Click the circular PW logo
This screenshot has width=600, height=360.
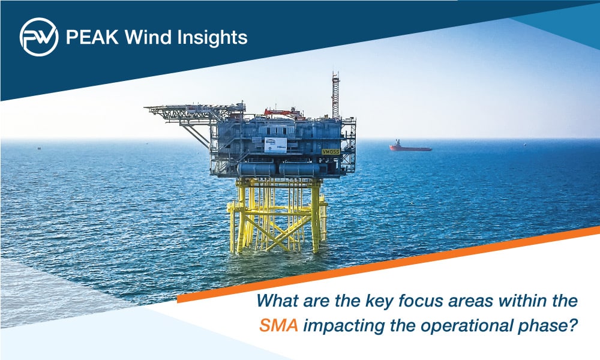[x=39, y=37]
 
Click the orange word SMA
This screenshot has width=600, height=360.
[x=278, y=326]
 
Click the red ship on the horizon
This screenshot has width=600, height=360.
[x=410, y=146]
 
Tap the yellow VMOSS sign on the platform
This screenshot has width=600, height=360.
[x=331, y=151]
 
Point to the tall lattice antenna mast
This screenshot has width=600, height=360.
[x=335, y=95]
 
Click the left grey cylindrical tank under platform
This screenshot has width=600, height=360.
[x=256, y=169]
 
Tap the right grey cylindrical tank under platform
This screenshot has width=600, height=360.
[x=299, y=169]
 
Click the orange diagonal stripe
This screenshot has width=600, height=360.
[x=388, y=265]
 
